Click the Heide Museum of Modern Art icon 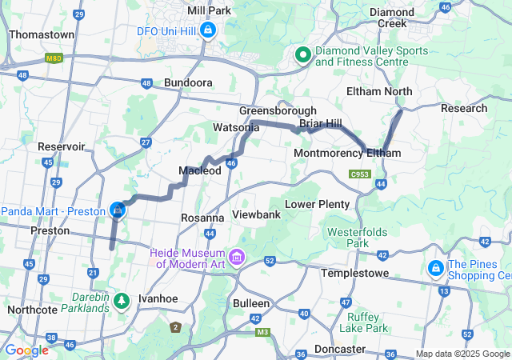pyautogui.click(x=237, y=258)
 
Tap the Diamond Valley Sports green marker pyautogui.click(x=303, y=55)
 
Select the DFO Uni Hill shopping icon pyautogui.click(x=208, y=30)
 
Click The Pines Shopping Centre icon pyautogui.click(x=437, y=266)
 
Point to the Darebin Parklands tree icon pyautogui.click(x=121, y=301)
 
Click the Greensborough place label pyautogui.click(x=278, y=110)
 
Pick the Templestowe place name pyautogui.click(x=354, y=273)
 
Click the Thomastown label pyautogui.click(x=42, y=35)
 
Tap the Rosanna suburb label pyautogui.click(x=202, y=218)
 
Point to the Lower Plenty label pyautogui.click(x=318, y=204)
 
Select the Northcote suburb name pyautogui.click(x=32, y=309)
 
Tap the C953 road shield pyautogui.click(x=359, y=174)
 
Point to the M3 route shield pyautogui.click(x=264, y=332)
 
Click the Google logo pyautogui.click(x=26, y=350)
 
